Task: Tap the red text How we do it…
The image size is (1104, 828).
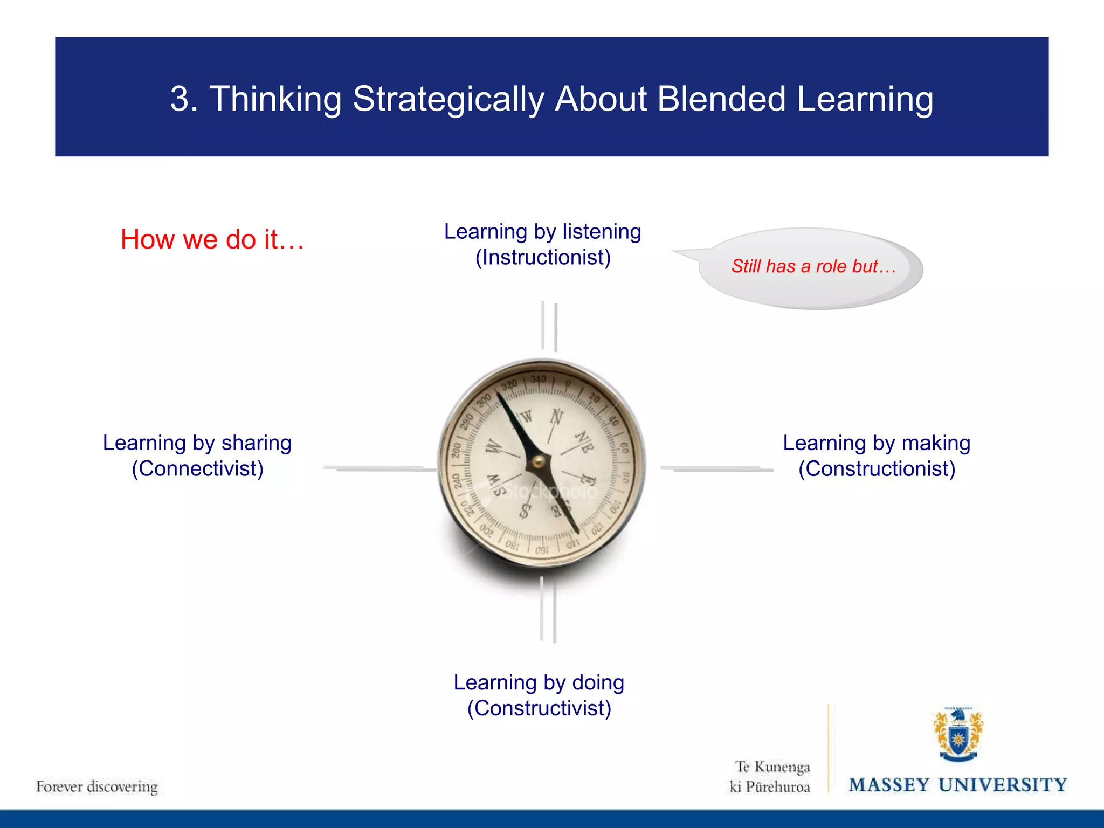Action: click(212, 239)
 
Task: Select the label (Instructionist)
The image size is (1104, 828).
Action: click(543, 258)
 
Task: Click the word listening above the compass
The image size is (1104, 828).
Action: click(602, 232)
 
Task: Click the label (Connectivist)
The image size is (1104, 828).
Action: click(197, 469)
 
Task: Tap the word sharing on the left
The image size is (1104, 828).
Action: click(256, 443)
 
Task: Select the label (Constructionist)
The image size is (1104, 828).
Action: click(877, 469)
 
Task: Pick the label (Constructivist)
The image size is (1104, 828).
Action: click(539, 708)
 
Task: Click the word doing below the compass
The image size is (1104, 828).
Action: click(598, 682)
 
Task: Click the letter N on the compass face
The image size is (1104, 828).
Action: click(556, 417)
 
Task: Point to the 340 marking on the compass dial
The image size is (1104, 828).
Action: click(538, 379)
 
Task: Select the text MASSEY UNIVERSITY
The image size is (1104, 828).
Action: click(958, 785)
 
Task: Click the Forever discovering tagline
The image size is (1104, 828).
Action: click(97, 787)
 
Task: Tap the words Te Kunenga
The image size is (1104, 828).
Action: click(772, 767)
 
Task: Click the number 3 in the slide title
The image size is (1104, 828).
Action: click(180, 100)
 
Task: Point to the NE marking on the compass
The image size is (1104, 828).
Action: click(584, 442)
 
